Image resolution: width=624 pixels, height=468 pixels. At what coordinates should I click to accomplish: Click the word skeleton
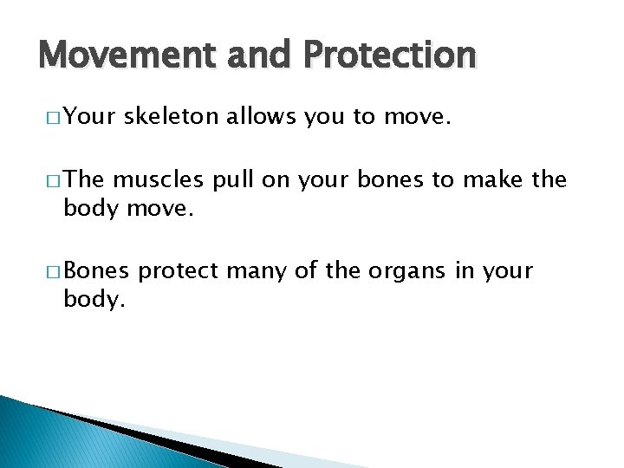click(172, 117)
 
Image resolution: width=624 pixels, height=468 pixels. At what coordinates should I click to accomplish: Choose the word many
click(256, 272)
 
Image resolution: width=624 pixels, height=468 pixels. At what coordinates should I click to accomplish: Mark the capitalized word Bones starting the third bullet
click(96, 271)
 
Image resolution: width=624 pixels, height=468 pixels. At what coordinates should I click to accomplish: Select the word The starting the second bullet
click(85, 179)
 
